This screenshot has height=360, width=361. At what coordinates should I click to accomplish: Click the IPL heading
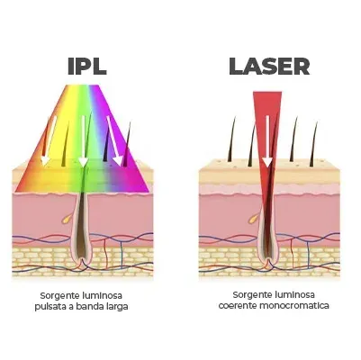(87, 67)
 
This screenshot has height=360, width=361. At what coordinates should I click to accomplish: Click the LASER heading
(269, 67)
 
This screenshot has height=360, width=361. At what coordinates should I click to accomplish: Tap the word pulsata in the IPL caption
(49, 307)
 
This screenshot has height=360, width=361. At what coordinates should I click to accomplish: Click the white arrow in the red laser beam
(267, 141)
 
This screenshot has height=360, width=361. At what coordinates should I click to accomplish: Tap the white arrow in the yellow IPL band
(49, 140)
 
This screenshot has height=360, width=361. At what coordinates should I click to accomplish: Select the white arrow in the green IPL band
(83, 141)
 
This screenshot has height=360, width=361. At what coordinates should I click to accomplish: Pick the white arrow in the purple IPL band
(115, 141)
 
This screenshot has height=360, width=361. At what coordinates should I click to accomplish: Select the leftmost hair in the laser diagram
(232, 139)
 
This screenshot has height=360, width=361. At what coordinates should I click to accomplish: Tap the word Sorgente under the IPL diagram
(59, 296)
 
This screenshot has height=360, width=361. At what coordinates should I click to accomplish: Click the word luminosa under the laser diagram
(294, 294)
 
